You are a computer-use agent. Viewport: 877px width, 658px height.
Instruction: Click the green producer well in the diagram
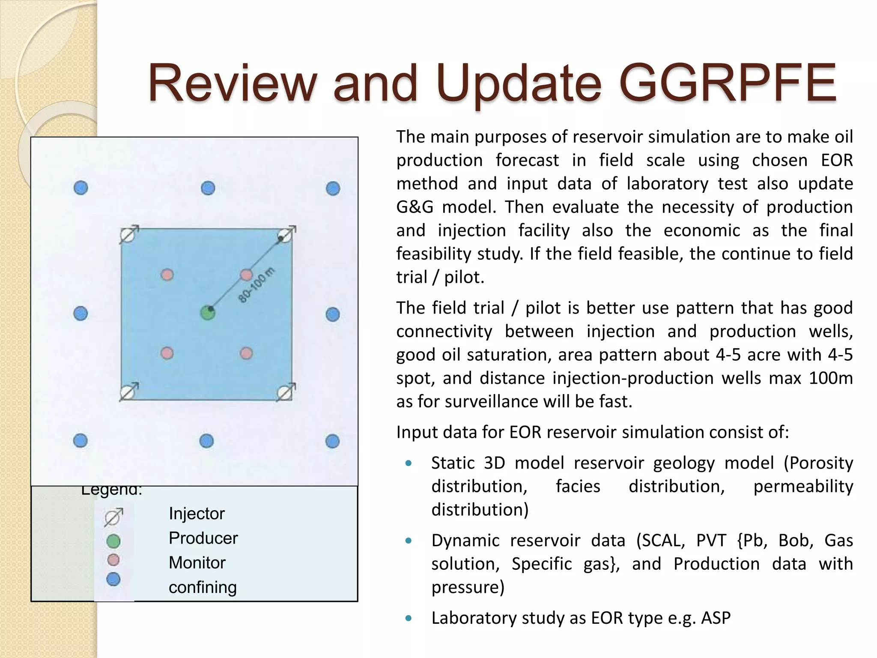(x=208, y=313)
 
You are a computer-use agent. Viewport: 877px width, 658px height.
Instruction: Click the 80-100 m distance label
(x=256, y=285)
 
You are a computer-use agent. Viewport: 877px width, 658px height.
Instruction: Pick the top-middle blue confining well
(x=208, y=188)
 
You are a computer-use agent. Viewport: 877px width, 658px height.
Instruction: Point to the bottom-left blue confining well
(x=81, y=440)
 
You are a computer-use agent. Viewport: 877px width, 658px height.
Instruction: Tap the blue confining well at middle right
(x=333, y=314)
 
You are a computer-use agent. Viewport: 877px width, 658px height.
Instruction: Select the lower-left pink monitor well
(x=167, y=353)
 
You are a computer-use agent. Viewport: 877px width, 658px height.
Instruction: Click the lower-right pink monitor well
(x=246, y=353)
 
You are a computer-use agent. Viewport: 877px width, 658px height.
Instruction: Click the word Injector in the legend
(x=197, y=513)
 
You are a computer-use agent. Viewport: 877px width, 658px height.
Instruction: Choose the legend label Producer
(x=203, y=538)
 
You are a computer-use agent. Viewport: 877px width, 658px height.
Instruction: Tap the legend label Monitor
(x=197, y=562)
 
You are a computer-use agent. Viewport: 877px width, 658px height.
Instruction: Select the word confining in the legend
(x=203, y=587)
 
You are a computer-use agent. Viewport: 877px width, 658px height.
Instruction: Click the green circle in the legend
(x=113, y=541)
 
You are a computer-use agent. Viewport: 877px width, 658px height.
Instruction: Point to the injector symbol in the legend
(x=113, y=517)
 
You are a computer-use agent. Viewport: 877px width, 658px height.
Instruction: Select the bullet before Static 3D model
(x=409, y=463)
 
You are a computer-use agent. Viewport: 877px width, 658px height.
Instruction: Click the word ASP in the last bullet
(x=716, y=618)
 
